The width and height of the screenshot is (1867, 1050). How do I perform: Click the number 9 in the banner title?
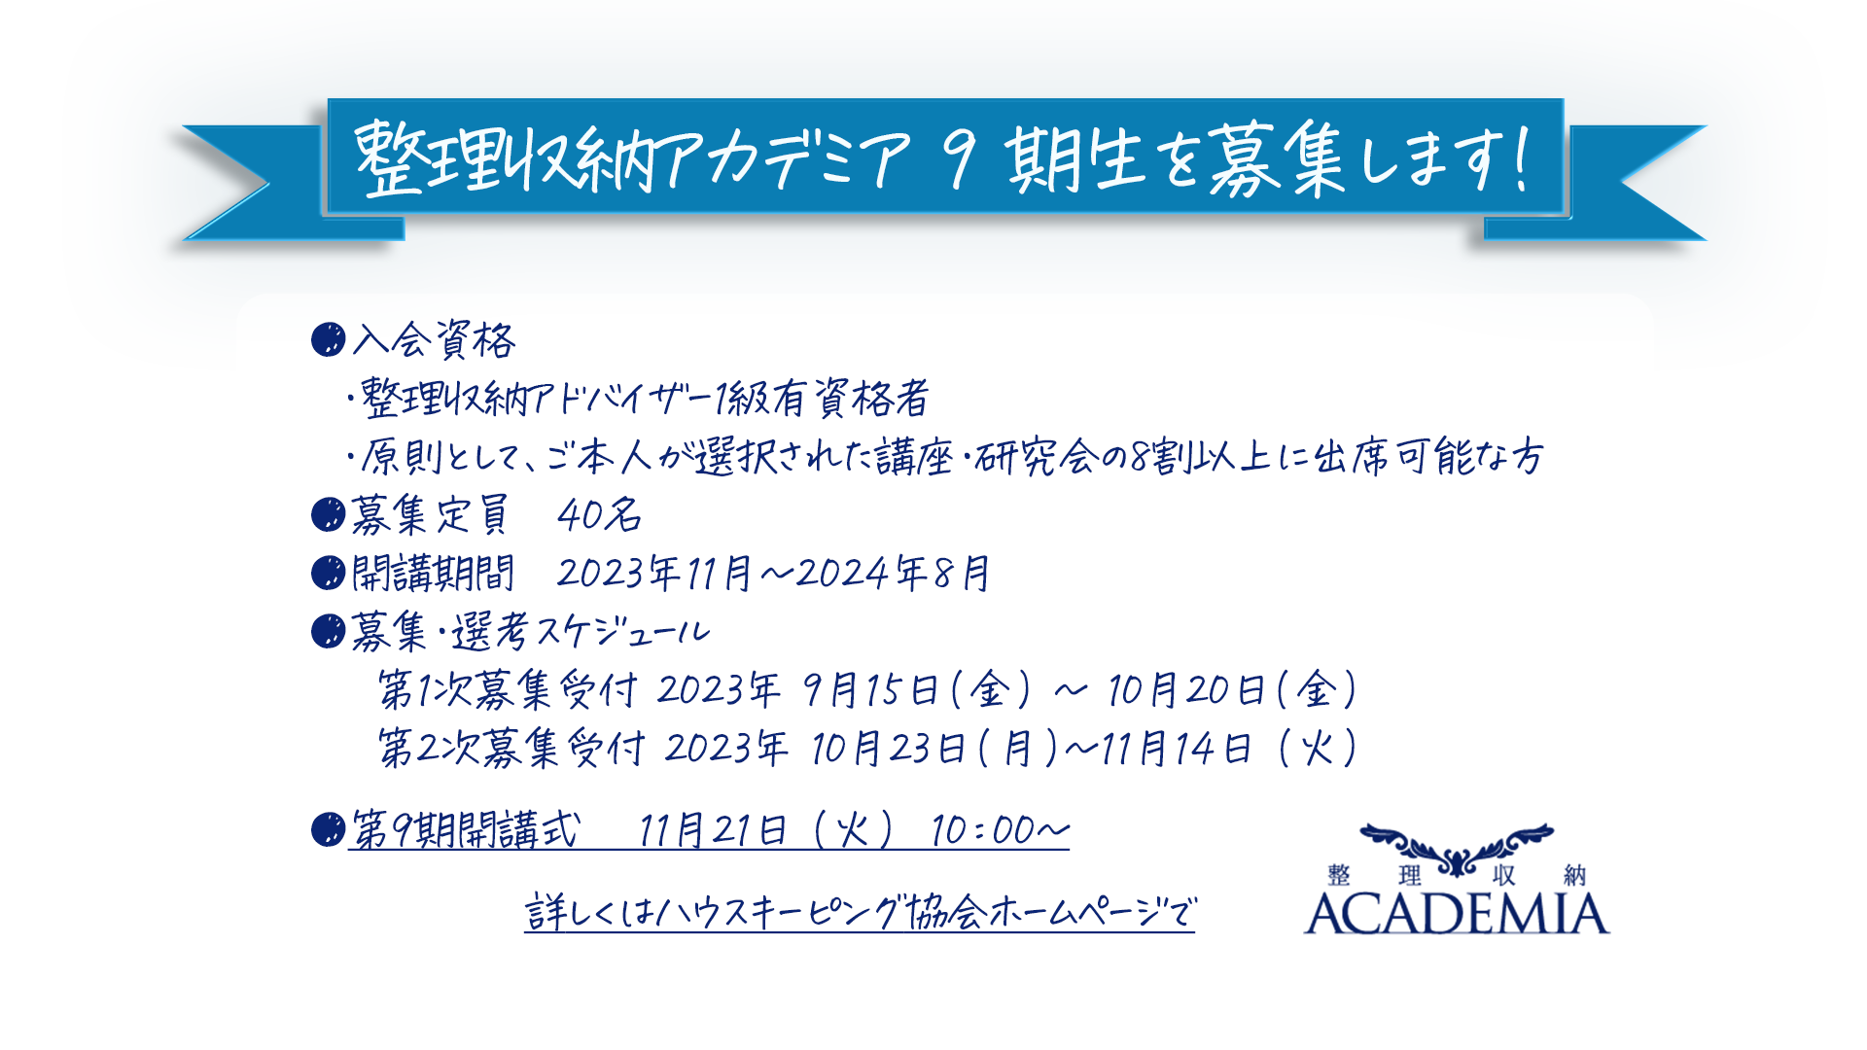tap(960, 160)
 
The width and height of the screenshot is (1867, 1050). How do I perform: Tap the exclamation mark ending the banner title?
tap(1520, 158)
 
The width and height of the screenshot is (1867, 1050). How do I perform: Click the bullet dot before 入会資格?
tap(329, 339)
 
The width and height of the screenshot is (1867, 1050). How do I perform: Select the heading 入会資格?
tap(434, 340)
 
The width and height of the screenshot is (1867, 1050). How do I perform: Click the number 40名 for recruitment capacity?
tap(599, 515)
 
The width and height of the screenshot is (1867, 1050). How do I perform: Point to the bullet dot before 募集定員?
tap(329, 514)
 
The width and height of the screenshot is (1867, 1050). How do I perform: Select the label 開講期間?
tap(433, 573)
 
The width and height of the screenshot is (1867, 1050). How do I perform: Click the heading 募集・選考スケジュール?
tap(531, 632)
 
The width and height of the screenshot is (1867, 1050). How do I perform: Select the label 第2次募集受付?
tap(511, 749)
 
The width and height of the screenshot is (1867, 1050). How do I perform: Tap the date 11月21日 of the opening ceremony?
tap(713, 830)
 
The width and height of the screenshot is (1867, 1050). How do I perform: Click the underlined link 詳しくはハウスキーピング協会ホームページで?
tap(860, 913)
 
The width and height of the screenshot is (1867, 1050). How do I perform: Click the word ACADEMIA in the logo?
tap(1457, 914)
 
